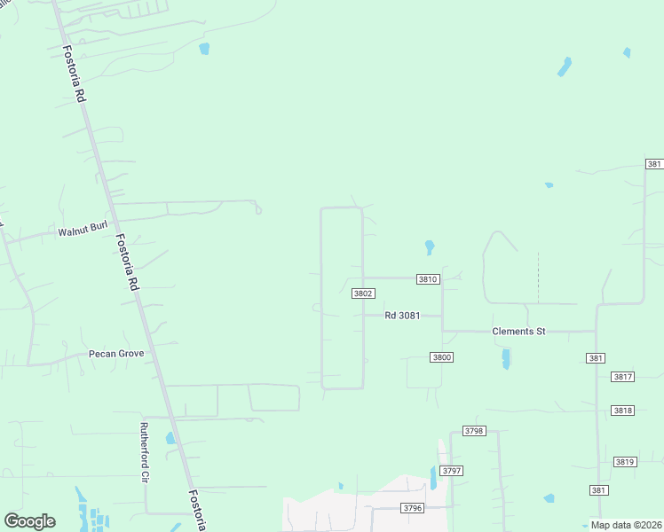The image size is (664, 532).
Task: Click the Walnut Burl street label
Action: pyautogui.click(x=83, y=232)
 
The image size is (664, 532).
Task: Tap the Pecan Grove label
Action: pyautogui.click(x=116, y=353)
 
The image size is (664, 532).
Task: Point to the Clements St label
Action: pyautogui.click(x=518, y=331)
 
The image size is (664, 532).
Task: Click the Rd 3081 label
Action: pyautogui.click(x=401, y=315)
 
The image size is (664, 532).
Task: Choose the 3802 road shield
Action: pyautogui.click(x=362, y=293)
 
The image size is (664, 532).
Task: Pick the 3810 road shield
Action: pyautogui.click(x=428, y=278)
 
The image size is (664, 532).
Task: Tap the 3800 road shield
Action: pyautogui.click(x=441, y=357)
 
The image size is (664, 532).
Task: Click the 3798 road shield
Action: pyautogui.click(x=474, y=431)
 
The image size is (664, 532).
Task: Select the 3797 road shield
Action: pyautogui.click(x=452, y=470)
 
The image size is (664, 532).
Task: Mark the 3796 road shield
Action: pyautogui.click(x=412, y=508)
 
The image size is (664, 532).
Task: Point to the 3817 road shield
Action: pyautogui.click(x=623, y=377)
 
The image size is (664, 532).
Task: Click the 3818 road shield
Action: pyautogui.click(x=623, y=411)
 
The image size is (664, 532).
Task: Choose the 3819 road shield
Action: pyautogui.click(x=625, y=462)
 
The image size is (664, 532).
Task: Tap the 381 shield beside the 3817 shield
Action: pyautogui.click(x=597, y=357)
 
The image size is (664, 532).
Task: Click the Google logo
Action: pyautogui.click(x=29, y=521)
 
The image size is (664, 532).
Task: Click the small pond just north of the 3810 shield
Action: pyautogui.click(x=430, y=246)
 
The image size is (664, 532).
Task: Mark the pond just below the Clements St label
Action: pyautogui.click(x=505, y=358)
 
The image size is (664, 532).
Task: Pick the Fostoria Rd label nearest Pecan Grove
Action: pyautogui.click(x=130, y=262)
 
